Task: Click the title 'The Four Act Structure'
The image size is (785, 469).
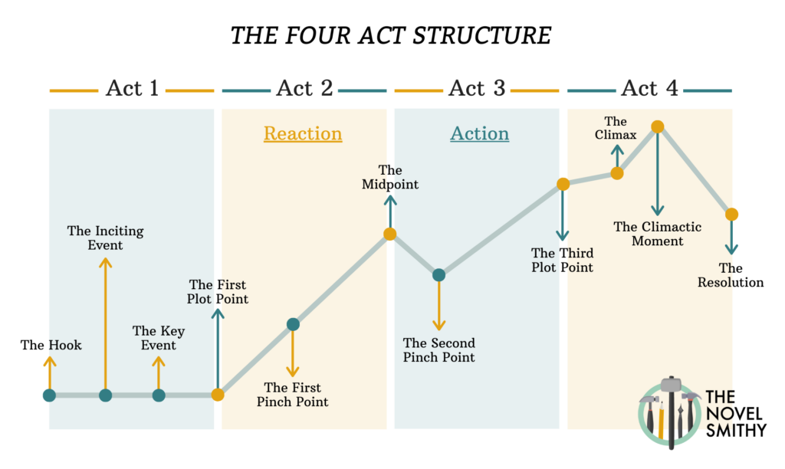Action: pos(391,35)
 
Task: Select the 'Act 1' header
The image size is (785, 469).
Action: pos(132,89)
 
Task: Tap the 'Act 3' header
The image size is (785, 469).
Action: pos(477,89)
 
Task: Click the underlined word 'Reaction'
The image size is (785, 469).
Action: pos(303,134)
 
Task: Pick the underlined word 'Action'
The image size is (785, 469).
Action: pos(479,134)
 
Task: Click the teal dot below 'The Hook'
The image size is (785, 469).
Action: pos(50,395)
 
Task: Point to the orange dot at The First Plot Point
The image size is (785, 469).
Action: pos(218,395)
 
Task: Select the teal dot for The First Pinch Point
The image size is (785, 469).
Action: pos(292,325)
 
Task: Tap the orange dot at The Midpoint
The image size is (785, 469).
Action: pos(389,234)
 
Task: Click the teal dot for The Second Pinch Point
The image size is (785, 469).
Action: pos(438,274)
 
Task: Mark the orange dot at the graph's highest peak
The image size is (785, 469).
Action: pos(656,126)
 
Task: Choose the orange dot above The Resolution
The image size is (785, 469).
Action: pos(731,214)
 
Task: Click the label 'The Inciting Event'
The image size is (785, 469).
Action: pos(105,238)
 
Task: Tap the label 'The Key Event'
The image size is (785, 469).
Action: pos(158,337)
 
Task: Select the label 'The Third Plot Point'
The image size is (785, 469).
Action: pos(562,260)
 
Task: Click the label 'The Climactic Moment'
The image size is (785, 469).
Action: pos(657,234)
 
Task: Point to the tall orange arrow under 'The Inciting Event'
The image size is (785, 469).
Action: pos(106,322)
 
